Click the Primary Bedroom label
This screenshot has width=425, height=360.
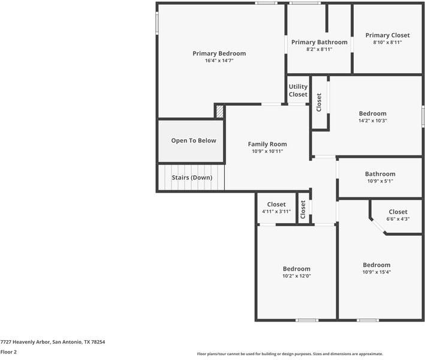[x=219, y=53]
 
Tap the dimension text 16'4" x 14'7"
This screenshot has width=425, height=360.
[x=219, y=61]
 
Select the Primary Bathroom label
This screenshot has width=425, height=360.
[x=319, y=42]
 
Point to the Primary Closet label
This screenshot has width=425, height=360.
[x=387, y=35]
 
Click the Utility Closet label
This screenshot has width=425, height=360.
[x=298, y=91]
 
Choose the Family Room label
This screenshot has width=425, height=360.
[x=267, y=144]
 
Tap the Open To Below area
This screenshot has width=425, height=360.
[x=194, y=140]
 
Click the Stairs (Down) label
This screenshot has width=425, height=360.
[x=192, y=178]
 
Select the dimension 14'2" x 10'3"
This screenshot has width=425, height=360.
[x=372, y=121]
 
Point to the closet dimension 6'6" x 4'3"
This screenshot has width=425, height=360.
[x=398, y=219]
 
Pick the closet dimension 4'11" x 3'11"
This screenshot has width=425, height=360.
[x=276, y=212]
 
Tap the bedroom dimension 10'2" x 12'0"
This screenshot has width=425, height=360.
[x=297, y=276]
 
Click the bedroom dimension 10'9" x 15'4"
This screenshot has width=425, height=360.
[x=376, y=272]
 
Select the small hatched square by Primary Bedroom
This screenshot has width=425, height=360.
[x=220, y=111]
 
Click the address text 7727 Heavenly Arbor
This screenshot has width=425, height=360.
[x=53, y=342]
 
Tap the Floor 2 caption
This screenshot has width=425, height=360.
[x=8, y=352]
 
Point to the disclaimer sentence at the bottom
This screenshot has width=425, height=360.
[x=290, y=354]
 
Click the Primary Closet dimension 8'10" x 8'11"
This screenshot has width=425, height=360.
[x=387, y=43]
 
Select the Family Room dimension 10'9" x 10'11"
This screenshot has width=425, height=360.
[x=267, y=151]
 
